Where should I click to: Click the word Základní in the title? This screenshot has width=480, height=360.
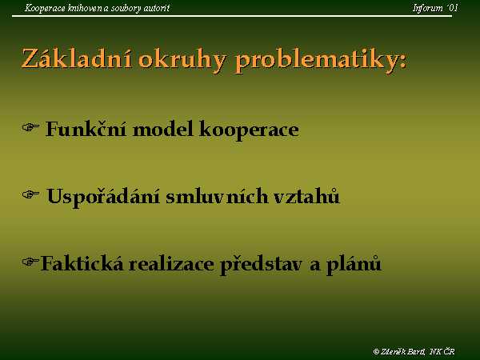click(77, 58)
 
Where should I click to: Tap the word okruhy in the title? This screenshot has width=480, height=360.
click(182, 60)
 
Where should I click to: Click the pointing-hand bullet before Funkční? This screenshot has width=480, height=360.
click(30, 127)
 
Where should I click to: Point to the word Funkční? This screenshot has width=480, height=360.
click(86, 129)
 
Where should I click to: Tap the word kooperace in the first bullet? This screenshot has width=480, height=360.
click(249, 130)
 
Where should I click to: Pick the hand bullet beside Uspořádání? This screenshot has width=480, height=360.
click(30, 194)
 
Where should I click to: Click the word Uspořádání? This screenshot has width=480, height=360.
click(103, 197)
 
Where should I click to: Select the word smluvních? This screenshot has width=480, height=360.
click(217, 196)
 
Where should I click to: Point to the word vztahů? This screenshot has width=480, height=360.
click(306, 196)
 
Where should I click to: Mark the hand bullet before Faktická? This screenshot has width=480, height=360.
click(30, 262)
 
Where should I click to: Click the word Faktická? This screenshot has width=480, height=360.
click(82, 263)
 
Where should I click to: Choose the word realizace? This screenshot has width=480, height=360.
click(171, 263)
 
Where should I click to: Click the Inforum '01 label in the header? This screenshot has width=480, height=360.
click(435, 8)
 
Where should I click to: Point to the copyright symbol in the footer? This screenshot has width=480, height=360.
click(376, 351)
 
